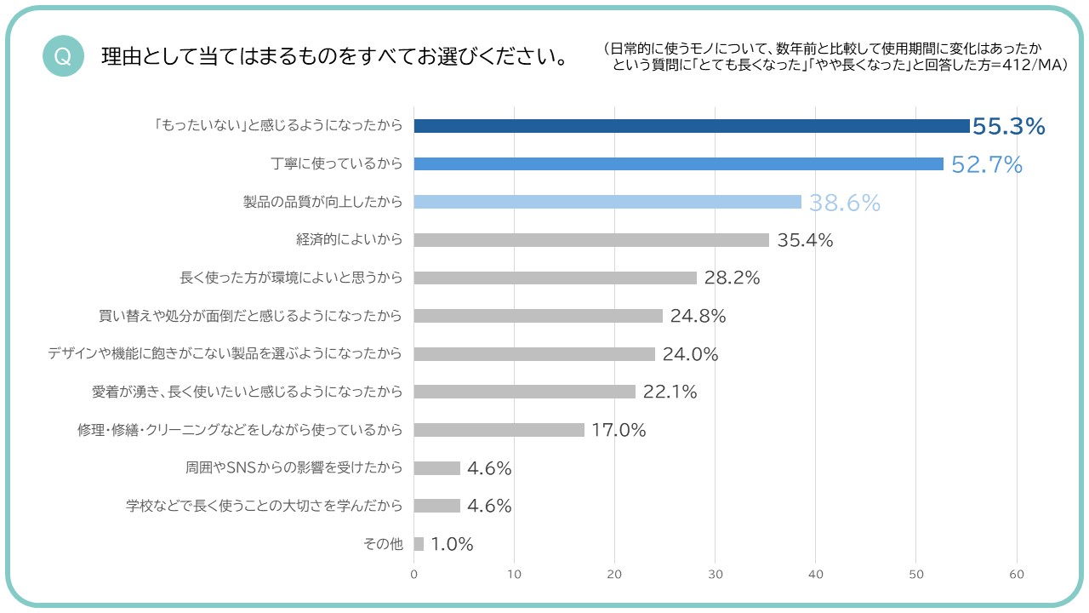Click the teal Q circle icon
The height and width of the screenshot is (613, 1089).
[62, 56]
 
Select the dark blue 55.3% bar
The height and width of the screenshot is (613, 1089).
[691, 126]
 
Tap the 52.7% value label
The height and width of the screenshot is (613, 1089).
[986, 164]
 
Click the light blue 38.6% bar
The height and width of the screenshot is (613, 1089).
[607, 202]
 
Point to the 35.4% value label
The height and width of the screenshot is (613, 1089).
[805, 240]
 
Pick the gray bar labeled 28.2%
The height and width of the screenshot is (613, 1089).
[555, 278]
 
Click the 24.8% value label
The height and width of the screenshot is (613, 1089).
[698, 316]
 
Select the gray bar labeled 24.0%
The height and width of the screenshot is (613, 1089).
[534, 353]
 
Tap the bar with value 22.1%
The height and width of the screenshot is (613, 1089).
[524, 392]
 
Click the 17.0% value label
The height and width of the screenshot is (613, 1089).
[619, 430]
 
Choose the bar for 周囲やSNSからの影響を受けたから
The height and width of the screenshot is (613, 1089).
[436, 467]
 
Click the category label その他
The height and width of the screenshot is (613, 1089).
[383, 544]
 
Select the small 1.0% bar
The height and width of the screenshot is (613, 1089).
[419, 544]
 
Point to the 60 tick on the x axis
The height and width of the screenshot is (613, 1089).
[1017, 575]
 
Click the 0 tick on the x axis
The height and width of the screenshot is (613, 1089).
[414, 575]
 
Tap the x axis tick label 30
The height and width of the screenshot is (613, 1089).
[716, 575]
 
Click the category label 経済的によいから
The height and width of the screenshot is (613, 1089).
[349, 240]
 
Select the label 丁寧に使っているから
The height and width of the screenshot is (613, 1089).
[336, 164]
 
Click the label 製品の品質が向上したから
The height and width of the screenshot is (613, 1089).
[322, 202]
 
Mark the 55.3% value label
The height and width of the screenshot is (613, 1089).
[1008, 126]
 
